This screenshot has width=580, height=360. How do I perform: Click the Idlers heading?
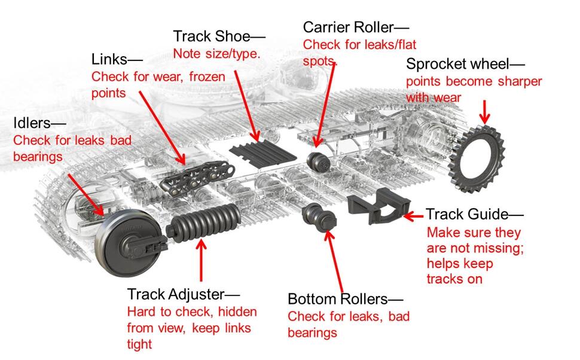click(39, 123)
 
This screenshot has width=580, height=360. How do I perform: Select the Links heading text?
click(117, 59)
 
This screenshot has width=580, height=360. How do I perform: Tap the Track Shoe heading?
click(219, 36)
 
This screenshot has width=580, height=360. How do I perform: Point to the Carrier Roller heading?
click(356, 27)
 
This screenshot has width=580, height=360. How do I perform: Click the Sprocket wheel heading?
click(465, 64)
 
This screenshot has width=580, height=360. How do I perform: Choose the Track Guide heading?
click(474, 214)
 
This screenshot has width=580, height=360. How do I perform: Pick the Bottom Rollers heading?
click(345, 299)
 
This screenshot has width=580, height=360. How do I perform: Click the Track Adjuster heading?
click(183, 294)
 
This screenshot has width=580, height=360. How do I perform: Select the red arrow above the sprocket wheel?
click(485, 110)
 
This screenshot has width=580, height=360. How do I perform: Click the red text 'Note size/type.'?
click(216, 53)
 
